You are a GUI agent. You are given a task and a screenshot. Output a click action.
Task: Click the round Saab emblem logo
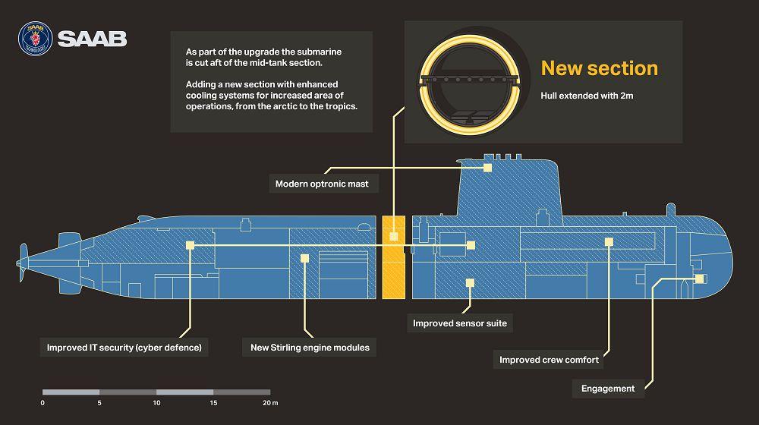[36, 39]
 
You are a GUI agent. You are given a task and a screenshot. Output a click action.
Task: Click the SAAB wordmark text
[93, 39]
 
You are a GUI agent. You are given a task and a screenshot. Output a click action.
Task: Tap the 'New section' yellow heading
[600, 68]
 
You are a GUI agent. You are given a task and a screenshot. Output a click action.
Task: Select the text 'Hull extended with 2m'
[587, 96]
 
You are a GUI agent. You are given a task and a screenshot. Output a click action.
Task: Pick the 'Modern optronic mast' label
[322, 184]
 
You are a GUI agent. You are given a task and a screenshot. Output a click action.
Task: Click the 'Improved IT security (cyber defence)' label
[124, 348]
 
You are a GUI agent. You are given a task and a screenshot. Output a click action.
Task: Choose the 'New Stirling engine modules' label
[310, 348]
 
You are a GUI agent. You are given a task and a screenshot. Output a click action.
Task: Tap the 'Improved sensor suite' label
[460, 323]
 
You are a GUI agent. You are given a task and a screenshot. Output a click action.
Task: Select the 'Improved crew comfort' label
[549, 360]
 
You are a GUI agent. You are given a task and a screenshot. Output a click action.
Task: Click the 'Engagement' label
[608, 389]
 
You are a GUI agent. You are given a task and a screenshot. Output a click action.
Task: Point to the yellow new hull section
[393, 257]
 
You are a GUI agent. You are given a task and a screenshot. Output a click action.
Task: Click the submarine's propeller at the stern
[22, 263]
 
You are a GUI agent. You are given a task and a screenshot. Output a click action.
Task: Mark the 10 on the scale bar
[157, 403]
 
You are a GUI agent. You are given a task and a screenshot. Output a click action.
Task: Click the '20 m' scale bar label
[271, 403]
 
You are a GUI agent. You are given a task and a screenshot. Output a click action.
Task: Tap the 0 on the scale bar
[43, 403]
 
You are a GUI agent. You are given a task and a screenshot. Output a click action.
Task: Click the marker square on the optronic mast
[487, 168]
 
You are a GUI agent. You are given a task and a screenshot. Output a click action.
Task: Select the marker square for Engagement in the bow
[699, 279]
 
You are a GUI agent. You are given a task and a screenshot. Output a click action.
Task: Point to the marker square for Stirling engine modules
[304, 259]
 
